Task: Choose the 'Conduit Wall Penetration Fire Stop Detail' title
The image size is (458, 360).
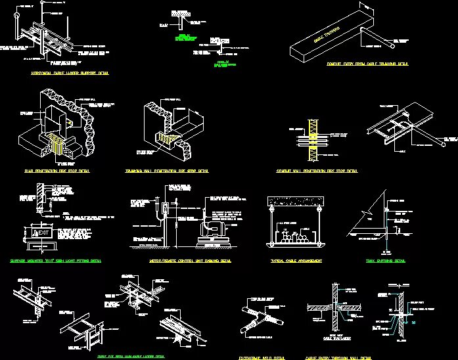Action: tap(317, 171)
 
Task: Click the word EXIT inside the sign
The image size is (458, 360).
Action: tap(43, 232)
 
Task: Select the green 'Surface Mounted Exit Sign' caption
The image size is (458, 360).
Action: tap(64, 261)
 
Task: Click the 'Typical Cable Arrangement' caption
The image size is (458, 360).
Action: tap(296, 261)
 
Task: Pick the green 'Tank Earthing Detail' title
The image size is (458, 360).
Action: tap(386, 261)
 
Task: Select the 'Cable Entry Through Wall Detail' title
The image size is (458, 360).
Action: tap(338, 357)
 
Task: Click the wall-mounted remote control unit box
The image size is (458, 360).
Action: tap(163, 212)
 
